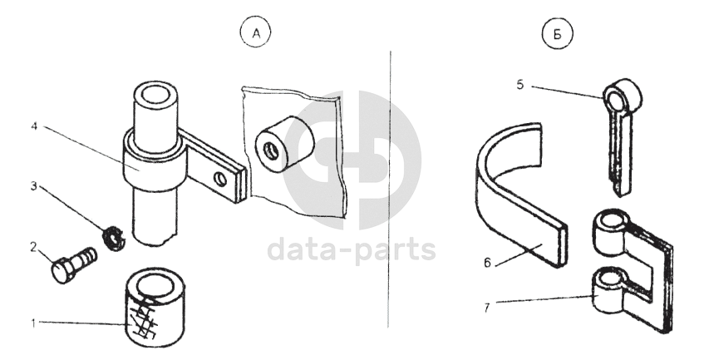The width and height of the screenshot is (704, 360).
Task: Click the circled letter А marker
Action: click(x=256, y=33)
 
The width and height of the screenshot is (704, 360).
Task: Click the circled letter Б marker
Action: click(x=558, y=33)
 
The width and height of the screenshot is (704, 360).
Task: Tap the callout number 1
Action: click(x=33, y=323)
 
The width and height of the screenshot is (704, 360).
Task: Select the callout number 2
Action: click(x=34, y=247)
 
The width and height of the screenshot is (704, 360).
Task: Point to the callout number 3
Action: click(x=34, y=186)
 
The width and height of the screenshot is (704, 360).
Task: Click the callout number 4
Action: click(x=34, y=126)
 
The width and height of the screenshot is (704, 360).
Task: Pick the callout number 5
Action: click(x=520, y=85)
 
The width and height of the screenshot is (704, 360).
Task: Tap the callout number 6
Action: click(x=488, y=263)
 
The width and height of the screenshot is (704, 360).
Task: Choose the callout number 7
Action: click(x=487, y=308)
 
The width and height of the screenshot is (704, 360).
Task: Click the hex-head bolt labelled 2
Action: click(x=74, y=264)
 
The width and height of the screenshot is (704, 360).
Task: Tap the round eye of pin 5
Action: click(x=622, y=95)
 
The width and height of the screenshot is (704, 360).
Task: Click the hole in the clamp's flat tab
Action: click(x=220, y=179)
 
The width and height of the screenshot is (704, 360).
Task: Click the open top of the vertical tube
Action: click(x=154, y=96)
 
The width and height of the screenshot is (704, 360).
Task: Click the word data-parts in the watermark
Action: click(x=352, y=249)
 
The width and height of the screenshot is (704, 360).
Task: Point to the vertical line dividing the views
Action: click(x=389, y=189)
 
